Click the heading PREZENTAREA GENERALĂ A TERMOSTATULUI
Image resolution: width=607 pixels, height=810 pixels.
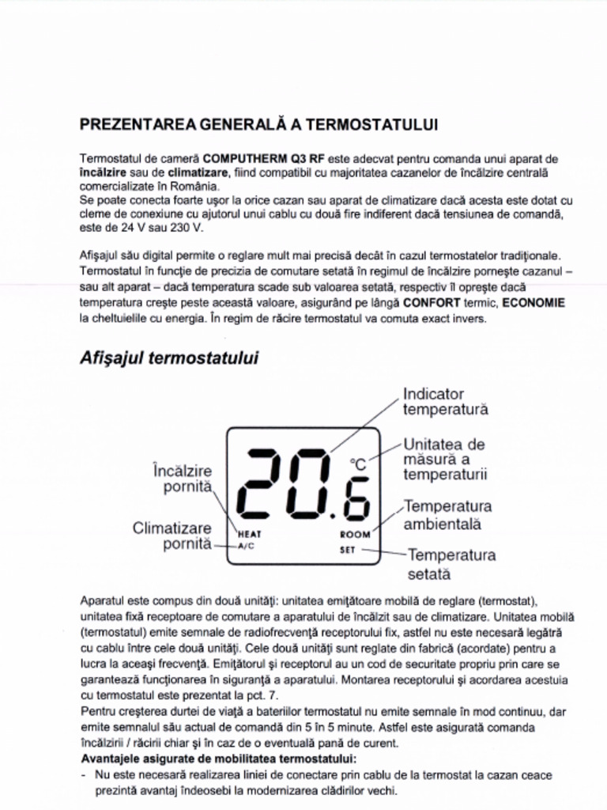point(259,125)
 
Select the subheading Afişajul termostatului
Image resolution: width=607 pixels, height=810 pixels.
point(169,358)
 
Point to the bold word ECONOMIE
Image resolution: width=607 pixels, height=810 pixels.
point(533,303)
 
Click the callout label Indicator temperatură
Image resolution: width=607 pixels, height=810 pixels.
point(445,402)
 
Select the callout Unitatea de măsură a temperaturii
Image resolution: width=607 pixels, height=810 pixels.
point(445,460)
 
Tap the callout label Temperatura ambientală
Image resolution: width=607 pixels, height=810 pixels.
point(447,515)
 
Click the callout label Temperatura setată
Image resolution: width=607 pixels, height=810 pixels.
point(451,563)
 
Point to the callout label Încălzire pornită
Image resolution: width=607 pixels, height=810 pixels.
point(183,479)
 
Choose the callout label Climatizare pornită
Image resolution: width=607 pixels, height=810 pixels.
point(172,536)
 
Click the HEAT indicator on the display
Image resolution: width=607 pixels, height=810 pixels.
point(250,535)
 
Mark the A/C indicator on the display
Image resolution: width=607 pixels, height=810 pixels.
point(247,546)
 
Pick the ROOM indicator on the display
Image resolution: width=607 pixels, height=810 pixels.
point(355,535)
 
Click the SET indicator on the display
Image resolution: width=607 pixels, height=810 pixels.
point(348,550)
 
